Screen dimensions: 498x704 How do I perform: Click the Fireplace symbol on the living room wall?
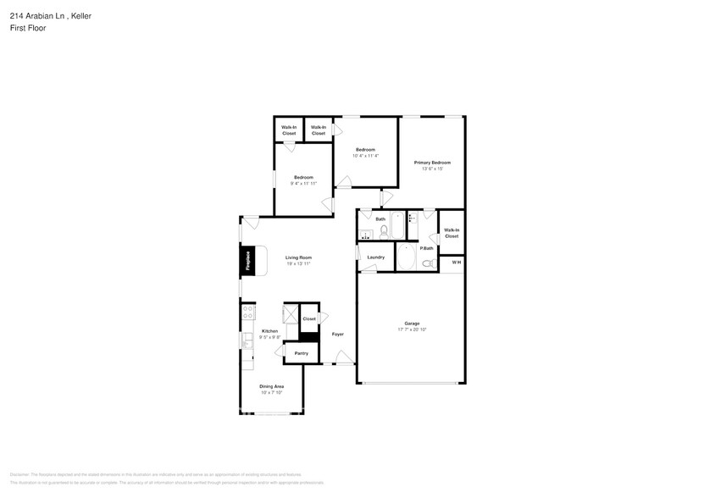(248, 261)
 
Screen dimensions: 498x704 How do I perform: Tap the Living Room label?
(298, 257)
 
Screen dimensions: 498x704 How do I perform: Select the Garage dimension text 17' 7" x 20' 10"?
(413, 329)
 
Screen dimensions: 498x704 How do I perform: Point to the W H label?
(456, 263)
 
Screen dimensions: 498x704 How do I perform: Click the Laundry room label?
(376, 257)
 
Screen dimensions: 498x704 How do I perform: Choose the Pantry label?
(301, 353)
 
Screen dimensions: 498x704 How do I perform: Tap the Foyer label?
(337, 335)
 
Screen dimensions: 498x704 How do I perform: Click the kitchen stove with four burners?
(248, 312)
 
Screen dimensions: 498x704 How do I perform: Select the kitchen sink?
(247, 340)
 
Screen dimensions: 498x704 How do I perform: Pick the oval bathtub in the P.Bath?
(407, 258)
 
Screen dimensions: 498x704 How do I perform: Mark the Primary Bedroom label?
(432, 163)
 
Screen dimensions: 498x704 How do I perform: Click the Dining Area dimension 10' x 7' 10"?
(271, 393)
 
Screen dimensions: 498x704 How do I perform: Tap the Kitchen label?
(269, 331)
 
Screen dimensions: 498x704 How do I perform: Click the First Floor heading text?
(29, 27)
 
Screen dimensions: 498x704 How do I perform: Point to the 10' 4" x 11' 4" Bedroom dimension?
(365, 156)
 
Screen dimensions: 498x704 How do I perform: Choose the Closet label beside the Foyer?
(308, 319)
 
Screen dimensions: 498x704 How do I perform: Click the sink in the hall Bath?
(365, 235)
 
